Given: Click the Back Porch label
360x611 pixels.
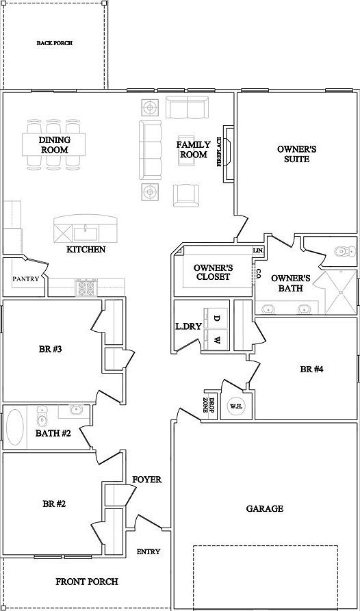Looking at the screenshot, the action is click(55, 43).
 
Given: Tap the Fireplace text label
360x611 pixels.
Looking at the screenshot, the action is click(219, 152).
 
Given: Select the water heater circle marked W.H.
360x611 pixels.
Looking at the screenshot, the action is click(236, 406).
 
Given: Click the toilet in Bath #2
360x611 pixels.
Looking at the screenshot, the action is click(42, 417).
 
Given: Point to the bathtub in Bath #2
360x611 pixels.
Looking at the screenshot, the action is click(15, 428).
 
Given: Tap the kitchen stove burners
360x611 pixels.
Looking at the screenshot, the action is click(86, 287).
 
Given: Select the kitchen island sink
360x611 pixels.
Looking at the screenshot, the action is click(86, 234).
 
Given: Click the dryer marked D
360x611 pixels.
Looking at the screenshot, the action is click(217, 318).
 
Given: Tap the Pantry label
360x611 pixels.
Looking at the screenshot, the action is click(26, 279).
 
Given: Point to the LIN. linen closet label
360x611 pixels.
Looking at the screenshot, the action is click(258, 250).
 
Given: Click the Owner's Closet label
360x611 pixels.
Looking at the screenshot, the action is click(213, 272).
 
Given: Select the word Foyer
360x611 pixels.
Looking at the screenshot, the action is click(146, 480).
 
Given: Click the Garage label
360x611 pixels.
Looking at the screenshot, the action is click(265, 508).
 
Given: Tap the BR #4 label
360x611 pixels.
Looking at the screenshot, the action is click(311, 369).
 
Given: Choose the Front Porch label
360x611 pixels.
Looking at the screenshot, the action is click(86, 582).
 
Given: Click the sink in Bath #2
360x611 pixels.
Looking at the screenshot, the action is click(75, 410).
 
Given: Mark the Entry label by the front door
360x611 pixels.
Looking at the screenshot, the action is click(149, 551).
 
